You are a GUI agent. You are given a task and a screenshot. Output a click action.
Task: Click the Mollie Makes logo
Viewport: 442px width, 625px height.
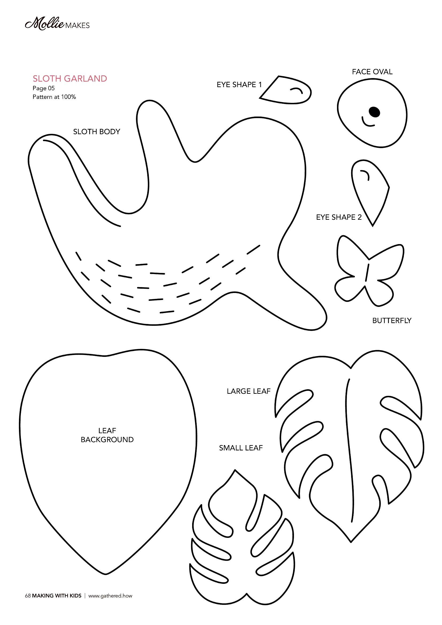click(57, 25)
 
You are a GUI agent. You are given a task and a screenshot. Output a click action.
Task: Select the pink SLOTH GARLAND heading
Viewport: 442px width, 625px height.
click(70, 79)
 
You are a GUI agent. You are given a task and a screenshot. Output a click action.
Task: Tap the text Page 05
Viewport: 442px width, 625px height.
click(44, 88)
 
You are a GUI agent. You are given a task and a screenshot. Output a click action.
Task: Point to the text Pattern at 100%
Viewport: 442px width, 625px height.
click(54, 97)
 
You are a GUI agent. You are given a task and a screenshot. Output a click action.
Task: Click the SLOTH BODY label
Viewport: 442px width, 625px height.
click(97, 132)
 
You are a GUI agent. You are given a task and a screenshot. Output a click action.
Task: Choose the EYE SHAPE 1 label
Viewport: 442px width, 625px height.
click(239, 85)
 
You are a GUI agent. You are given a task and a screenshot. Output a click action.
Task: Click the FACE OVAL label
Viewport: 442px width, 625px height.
click(372, 72)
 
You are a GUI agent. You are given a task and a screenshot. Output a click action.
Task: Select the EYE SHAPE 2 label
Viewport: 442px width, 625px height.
click(339, 217)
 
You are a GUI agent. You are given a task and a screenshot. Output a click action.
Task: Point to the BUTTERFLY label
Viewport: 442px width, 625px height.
click(392, 321)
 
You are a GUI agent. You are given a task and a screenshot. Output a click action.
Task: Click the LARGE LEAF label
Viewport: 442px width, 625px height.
click(249, 391)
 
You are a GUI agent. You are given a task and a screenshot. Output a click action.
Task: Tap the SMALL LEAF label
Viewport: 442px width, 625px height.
click(241, 448)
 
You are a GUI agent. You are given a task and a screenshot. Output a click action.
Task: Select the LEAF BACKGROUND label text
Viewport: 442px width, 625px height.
click(107, 435)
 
